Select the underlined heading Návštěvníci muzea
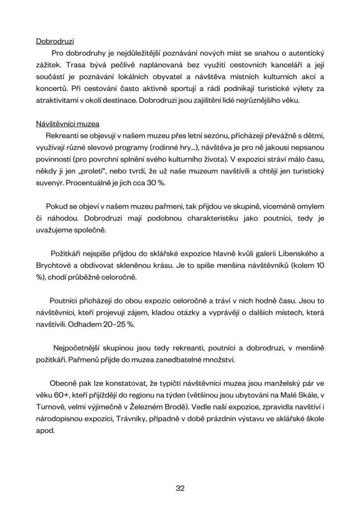68,124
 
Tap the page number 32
180,488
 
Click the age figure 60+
62,395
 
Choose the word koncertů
51,88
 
